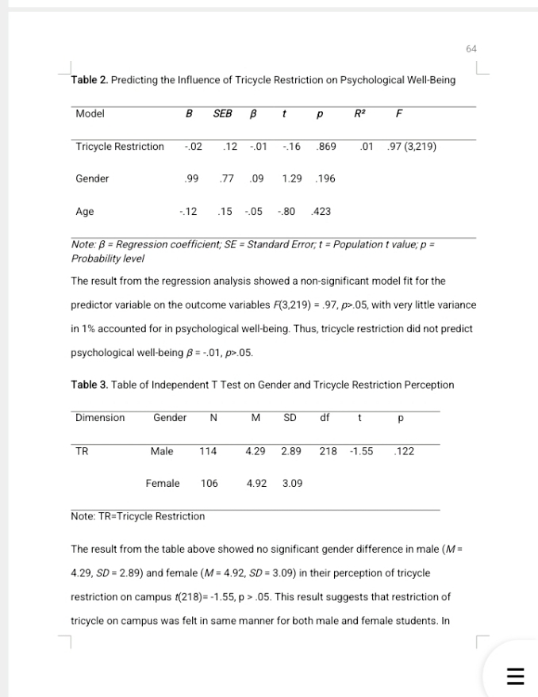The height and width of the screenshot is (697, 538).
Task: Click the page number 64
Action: point(472,49)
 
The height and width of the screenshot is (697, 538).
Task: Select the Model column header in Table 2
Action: point(90,113)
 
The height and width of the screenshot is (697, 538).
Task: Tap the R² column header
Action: point(359,113)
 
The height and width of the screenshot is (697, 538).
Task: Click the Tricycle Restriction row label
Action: point(119,147)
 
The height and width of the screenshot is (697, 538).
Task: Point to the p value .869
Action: point(326,147)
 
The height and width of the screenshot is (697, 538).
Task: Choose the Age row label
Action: point(85,212)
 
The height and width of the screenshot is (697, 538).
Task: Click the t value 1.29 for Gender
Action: point(291,179)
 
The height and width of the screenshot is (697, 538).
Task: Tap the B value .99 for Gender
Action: point(190,179)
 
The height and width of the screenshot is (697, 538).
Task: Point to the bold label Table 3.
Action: point(90,385)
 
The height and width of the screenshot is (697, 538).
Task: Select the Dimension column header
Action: point(100,418)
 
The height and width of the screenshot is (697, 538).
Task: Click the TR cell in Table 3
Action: point(82,451)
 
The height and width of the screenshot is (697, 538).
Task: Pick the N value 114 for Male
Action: point(208,451)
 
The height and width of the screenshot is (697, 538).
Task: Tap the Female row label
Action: point(163,483)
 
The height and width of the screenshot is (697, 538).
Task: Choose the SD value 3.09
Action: point(293,483)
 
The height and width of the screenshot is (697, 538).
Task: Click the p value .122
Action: point(404,451)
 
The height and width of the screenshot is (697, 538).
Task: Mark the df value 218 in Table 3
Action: point(328,451)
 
